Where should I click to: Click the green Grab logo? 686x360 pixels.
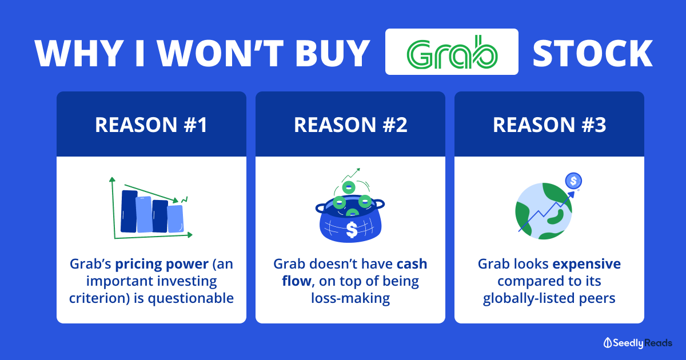(452, 52)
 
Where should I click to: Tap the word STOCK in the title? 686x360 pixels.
(593, 54)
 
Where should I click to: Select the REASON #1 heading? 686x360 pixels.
(151, 125)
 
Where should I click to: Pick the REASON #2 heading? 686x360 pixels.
(350, 125)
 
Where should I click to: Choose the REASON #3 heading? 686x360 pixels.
(549, 125)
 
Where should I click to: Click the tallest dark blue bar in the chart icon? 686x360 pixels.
(129, 211)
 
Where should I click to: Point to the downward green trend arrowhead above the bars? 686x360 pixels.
(176, 200)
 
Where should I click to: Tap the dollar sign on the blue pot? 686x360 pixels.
(352, 230)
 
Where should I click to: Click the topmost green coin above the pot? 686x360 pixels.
(349, 187)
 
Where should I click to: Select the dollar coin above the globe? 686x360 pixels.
(573, 181)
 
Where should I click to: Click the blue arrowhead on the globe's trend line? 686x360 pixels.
(571, 195)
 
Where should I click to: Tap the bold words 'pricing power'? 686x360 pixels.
(162, 264)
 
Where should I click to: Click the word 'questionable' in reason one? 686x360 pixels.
(191, 298)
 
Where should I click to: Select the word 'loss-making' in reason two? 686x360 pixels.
(350, 298)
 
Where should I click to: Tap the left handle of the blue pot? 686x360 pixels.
(321, 209)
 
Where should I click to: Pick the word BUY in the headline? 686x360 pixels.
(333, 53)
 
